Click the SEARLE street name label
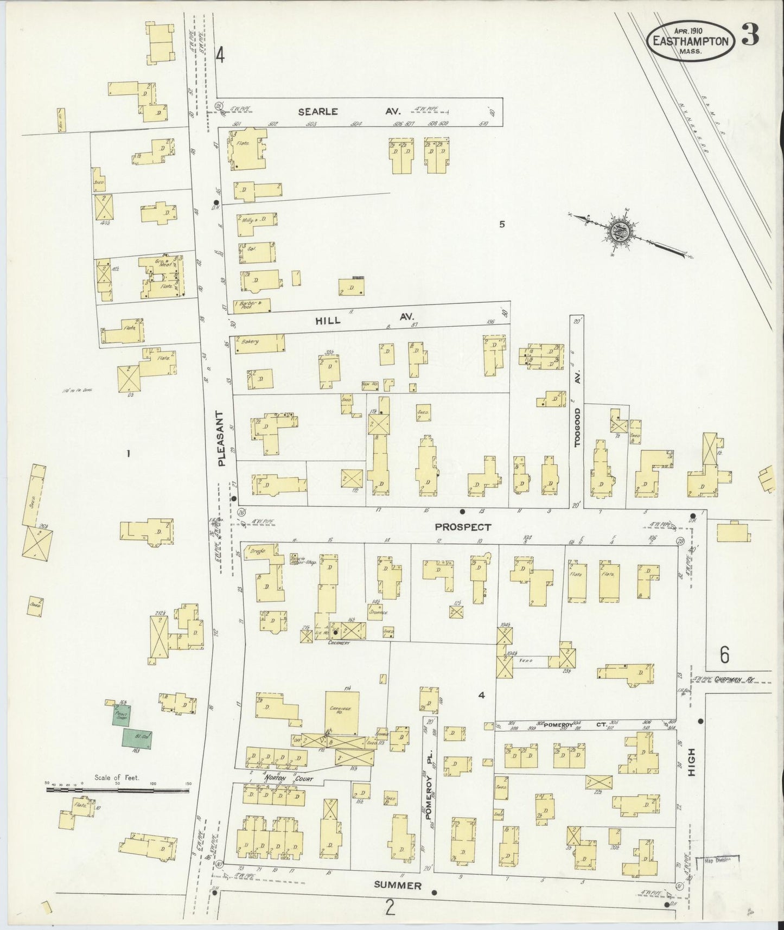click(318, 111)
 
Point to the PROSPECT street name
click(463, 526)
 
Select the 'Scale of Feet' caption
click(117, 777)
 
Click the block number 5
click(502, 224)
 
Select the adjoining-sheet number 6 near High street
click(724, 655)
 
